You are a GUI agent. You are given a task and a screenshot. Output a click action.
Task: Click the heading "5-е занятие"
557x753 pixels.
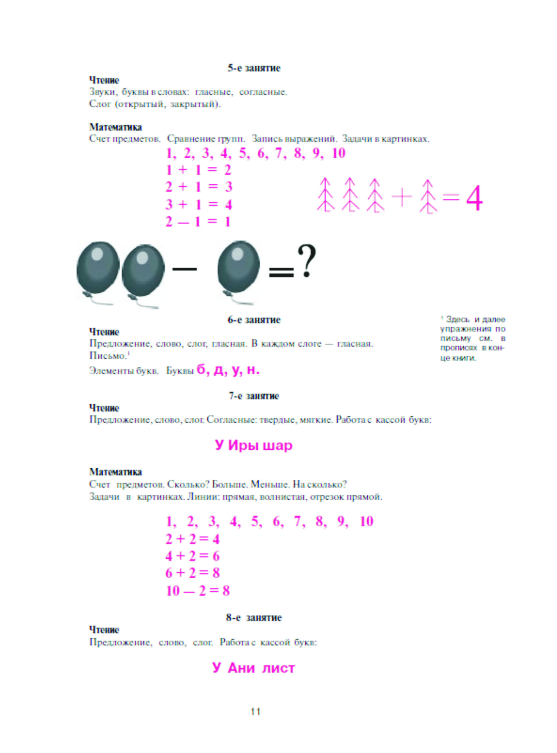(x=254, y=68)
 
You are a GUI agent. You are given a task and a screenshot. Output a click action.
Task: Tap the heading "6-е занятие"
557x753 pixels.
(x=254, y=320)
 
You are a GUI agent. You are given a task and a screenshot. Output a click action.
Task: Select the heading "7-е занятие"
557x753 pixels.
(x=254, y=396)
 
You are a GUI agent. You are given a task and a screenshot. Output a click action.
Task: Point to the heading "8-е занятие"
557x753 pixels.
(x=254, y=617)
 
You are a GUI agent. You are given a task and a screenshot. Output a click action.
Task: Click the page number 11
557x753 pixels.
(x=256, y=712)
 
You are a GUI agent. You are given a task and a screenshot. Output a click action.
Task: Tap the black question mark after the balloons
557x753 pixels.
(x=306, y=261)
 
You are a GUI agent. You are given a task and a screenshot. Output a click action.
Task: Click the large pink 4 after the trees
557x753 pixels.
(x=474, y=198)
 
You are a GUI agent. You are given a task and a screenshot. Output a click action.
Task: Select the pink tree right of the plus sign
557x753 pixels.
(x=428, y=196)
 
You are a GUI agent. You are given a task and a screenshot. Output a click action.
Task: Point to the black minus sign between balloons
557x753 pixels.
(x=185, y=269)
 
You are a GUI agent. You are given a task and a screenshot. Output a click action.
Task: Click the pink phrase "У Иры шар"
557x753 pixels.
(x=254, y=445)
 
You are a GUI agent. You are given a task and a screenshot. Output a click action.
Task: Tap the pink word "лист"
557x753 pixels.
(x=278, y=668)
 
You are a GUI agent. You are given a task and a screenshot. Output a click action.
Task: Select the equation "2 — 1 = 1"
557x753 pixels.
(x=198, y=222)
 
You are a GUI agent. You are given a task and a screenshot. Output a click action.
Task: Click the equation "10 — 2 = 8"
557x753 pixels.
(x=198, y=590)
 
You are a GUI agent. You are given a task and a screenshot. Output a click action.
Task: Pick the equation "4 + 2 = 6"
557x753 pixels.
(x=192, y=556)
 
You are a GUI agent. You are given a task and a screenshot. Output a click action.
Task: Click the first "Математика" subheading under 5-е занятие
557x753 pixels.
(x=115, y=127)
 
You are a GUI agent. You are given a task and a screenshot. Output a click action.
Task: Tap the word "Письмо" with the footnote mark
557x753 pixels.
(x=107, y=356)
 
